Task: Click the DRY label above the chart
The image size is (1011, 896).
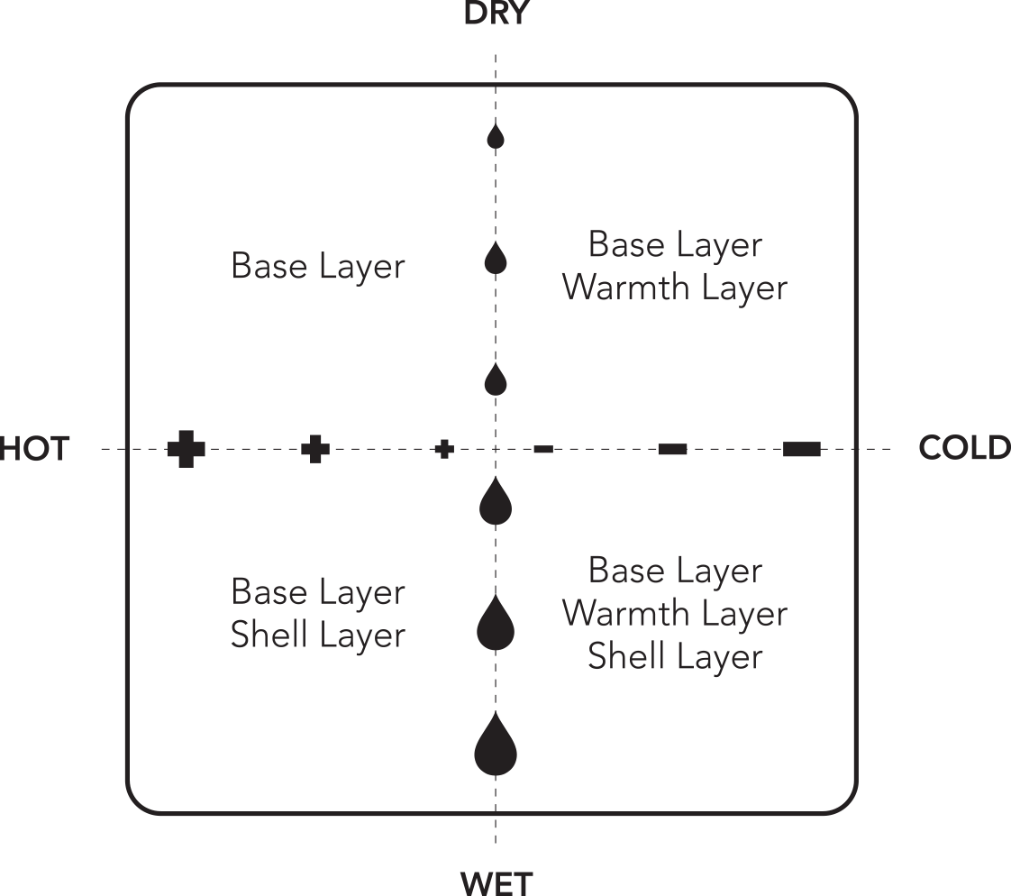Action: point(496,14)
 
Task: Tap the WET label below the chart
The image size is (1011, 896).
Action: point(496,882)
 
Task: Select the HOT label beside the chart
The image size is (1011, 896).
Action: point(34,448)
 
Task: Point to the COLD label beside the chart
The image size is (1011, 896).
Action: point(964,448)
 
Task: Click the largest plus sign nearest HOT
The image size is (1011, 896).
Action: point(186,449)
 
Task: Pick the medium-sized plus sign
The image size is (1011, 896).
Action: point(314,449)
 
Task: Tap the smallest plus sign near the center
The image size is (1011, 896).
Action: point(443,449)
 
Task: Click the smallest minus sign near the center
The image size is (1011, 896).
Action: point(543,449)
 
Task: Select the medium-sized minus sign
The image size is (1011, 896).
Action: point(672,449)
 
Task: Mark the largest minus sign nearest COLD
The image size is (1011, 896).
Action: point(801,449)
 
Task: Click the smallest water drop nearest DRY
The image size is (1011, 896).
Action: point(496,137)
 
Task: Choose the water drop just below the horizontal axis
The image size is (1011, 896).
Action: point(496,502)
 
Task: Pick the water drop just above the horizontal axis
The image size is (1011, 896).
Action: point(496,380)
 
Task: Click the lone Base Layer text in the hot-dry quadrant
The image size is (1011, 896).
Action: point(318,267)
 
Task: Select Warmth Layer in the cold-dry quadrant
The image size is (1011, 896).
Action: point(675,288)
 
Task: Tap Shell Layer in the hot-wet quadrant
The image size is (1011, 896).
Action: point(318,635)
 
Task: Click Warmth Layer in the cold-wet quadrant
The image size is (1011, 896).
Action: point(675,614)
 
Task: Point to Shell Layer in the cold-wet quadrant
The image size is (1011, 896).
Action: point(675,657)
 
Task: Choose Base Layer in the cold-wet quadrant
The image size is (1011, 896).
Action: point(675,571)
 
